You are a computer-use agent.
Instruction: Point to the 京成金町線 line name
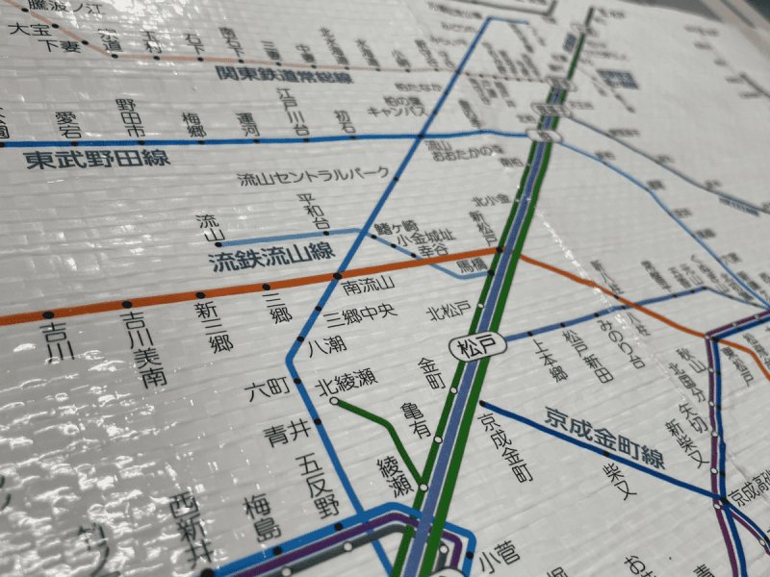click(604, 436)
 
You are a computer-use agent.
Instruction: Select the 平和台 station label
click(312, 211)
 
